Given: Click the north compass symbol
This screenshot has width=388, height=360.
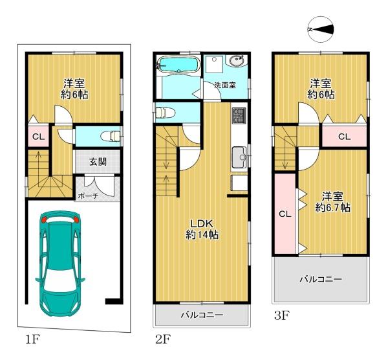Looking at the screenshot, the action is tap(321, 30).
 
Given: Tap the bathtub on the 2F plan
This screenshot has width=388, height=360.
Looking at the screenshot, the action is tap(178, 64).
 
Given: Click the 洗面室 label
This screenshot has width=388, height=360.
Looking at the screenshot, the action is tap(225, 85).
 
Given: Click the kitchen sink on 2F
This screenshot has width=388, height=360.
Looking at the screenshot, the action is tap(239, 157).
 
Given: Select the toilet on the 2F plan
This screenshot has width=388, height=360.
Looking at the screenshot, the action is tap(165, 113).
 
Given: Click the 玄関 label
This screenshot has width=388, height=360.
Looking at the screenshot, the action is tap(98, 162).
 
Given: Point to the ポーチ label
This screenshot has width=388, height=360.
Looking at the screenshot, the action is tap(88, 196).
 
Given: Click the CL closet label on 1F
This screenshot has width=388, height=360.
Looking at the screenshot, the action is tap(39, 137).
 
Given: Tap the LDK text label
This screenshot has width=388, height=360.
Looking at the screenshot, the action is tap(201, 224).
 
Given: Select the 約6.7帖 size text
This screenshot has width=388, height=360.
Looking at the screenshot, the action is tap(332, 208).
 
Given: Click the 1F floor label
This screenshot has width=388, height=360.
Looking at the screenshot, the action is tap(33, 339).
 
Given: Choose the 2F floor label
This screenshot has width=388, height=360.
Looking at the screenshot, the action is tap(163, 339).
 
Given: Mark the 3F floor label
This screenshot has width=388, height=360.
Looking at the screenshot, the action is tap(282, 316).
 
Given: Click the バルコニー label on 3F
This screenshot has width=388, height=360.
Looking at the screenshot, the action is tap(321, 280).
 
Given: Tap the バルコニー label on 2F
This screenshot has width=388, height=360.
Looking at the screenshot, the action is tap(202, 315).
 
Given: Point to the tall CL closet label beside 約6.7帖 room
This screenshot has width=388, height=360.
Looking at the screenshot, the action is tap(285, 214).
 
